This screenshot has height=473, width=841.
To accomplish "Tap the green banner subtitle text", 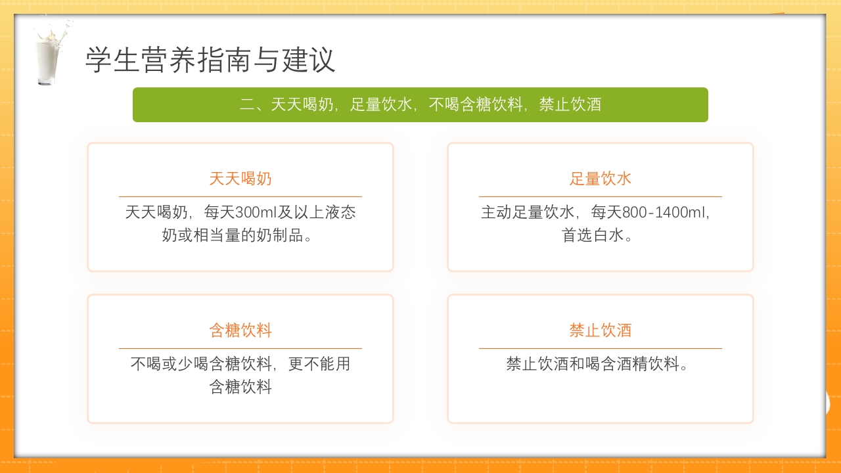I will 420,104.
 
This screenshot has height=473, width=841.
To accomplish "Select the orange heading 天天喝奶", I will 240,179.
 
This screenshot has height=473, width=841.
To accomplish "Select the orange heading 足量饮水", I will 601,179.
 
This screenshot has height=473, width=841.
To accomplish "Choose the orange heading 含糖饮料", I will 240,330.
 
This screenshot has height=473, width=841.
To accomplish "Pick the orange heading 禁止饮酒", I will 601,330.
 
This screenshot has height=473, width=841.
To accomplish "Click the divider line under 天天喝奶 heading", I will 240,196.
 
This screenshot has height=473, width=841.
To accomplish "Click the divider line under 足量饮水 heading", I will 601,196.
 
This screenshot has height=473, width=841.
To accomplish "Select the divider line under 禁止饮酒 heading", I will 601,348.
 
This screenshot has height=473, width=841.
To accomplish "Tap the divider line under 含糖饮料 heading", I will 240,348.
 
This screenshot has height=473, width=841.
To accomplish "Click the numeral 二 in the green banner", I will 247,105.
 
